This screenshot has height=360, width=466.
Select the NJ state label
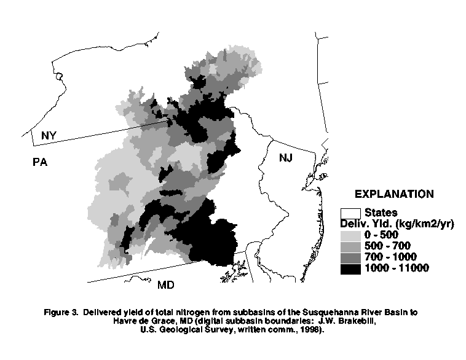286,158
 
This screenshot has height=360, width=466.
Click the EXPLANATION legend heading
394,194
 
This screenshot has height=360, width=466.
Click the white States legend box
351,213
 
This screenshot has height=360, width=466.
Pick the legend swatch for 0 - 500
351,234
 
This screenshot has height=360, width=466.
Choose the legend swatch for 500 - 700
351,245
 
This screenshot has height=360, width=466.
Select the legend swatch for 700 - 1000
351,256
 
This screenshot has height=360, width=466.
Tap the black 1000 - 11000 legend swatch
351,267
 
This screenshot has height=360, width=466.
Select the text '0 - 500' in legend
382,235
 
